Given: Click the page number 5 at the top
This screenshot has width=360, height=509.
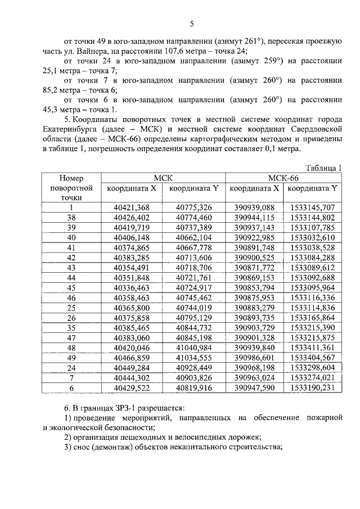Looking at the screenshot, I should click(x=191, y=23).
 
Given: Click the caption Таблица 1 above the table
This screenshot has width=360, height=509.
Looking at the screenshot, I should click(x=323, y=168).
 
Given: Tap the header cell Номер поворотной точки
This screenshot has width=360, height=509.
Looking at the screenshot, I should click(x=71, y=187).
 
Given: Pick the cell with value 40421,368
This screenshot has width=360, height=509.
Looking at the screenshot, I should click(x=131, y=208).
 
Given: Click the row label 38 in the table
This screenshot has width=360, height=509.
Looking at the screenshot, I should click(x=71, y=217).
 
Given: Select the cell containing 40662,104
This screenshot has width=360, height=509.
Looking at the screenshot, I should click(x=193, y=237).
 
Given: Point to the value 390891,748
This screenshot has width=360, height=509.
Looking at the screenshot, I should click(x=254, y=247).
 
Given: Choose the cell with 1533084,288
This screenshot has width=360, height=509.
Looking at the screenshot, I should click(x=313, y=258).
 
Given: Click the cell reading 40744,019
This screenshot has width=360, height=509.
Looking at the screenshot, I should click(x=193, y=308).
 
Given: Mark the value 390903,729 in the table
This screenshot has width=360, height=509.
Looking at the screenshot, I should click(x=254, y=327).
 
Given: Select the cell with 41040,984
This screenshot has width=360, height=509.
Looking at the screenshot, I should click(x=193, y=348).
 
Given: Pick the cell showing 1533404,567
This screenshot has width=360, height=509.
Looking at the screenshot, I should click(x=313, y=358).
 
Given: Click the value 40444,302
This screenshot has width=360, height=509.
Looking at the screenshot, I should click(x=131, y=377).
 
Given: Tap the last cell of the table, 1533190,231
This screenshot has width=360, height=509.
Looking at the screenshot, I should click(x=313, y=388).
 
